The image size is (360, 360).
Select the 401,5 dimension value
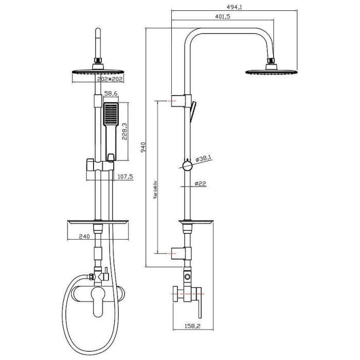coord(222,17)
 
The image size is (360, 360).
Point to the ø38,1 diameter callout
coord(204,158)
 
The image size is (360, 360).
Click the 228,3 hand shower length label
coord(124,131)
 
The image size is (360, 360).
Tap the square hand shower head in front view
coord(111,114)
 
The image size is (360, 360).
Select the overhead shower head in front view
coord(96,71)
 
